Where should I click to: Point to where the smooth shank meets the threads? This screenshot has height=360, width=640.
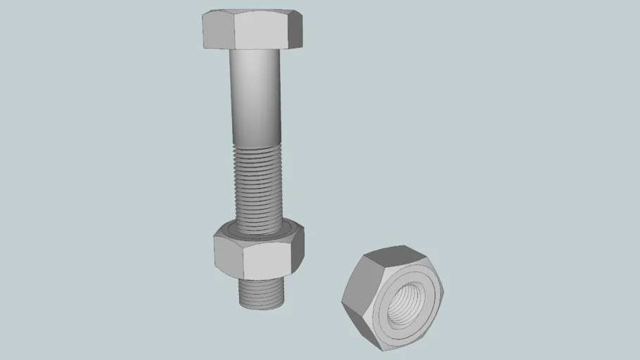[256, 143]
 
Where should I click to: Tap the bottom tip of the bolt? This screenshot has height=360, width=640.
[262, 307]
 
